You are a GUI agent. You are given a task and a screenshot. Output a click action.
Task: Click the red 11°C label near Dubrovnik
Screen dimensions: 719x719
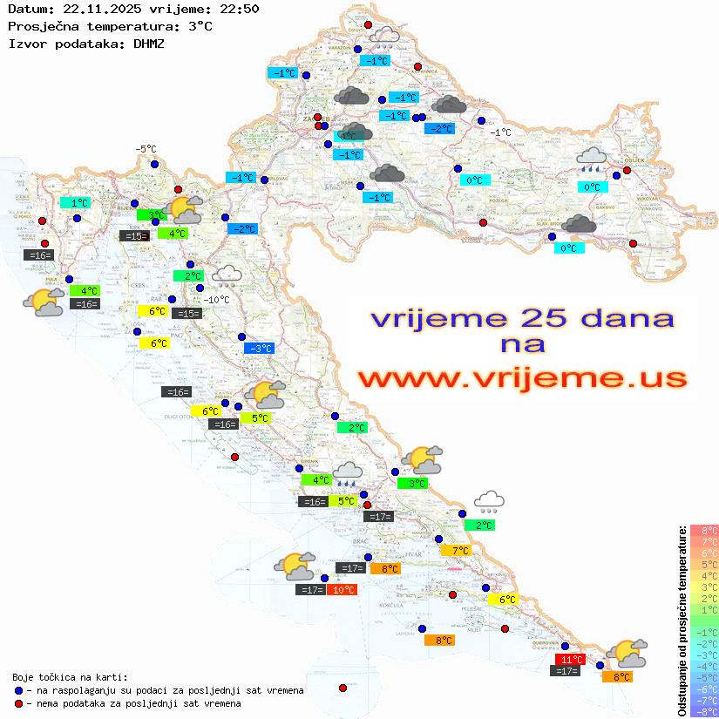click(571, 659)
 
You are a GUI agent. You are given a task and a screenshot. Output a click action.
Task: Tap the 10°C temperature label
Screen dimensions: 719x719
click(342, 590)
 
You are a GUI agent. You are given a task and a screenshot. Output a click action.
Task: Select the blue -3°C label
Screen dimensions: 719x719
click(260, 349)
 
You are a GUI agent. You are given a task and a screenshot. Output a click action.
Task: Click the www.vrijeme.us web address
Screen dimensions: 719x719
click(522, 378)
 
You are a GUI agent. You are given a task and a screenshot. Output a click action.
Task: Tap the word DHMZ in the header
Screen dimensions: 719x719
click(149, 43)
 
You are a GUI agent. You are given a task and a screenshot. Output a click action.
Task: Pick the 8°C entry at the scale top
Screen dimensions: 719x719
click(703, 530)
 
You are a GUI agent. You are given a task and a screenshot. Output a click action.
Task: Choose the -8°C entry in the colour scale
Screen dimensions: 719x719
click(703, 711)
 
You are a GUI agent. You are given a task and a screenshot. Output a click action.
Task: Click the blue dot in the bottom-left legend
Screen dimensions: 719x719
click(18, 690)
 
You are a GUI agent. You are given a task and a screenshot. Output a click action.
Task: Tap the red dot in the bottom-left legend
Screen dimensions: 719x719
click(18, 703)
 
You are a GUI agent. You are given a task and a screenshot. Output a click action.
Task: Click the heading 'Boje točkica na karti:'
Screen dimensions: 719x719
click(70, 677)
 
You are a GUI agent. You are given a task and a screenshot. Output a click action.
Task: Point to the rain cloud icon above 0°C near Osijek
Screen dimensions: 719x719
click(592, 159)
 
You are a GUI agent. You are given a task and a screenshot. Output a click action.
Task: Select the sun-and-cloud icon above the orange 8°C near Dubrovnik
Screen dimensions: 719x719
click(627, 652)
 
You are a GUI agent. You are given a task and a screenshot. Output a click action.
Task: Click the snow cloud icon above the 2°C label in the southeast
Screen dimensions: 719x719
click(490, 501)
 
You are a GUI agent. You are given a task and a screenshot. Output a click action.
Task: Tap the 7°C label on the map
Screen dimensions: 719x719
click(455, 550)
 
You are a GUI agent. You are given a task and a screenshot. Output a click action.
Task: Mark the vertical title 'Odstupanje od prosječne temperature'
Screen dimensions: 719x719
click(682, 620)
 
